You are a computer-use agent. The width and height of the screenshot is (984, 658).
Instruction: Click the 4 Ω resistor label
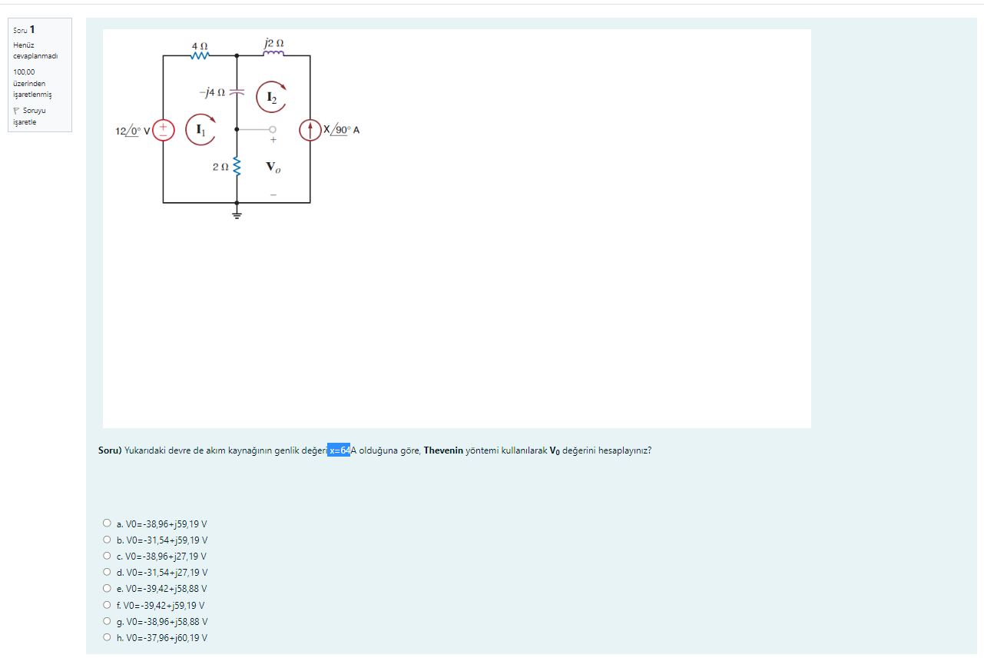coord(200,46)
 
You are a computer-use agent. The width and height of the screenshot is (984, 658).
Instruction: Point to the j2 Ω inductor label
coord(273,43)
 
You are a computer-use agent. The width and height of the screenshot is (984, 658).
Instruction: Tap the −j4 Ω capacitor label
coord(212,92)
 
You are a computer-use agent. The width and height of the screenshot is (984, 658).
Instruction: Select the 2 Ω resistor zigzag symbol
coord(237,166)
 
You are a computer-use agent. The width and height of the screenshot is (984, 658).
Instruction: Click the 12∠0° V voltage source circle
coord(164,131)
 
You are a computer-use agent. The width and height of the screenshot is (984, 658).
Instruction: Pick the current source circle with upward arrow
coord(310,131)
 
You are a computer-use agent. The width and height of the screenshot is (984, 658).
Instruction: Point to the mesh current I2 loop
coord(270,97)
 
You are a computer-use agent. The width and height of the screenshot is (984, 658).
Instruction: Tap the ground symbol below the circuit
coord(237,214)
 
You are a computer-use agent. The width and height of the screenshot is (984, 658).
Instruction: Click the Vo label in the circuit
coord(273,167)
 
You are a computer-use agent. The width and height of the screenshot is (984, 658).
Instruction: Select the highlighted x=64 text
coord(339,450)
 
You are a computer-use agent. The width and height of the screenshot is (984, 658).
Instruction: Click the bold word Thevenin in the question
coord(443,450)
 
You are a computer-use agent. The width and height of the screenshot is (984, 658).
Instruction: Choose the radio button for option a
coord(107,523)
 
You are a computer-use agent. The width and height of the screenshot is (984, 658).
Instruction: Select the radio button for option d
coord(107,572)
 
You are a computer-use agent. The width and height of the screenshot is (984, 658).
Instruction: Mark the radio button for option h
coord(107,637)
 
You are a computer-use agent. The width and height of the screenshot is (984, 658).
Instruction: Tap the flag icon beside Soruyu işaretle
coord(17,110)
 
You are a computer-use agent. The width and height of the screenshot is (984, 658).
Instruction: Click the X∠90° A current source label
coord(341,130)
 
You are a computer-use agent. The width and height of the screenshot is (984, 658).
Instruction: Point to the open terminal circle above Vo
coord(272,130)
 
